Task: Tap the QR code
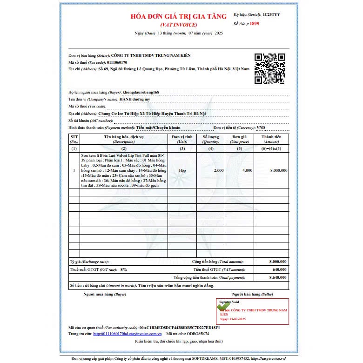tap(269, 68)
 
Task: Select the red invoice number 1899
tap(255, 23)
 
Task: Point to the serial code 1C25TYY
tap(271, 15)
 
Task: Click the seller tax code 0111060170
tap(110, 62)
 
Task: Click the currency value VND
tap(261, 127)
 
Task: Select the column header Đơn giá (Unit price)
tap(240, 139)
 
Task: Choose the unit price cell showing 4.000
tap(247, 170)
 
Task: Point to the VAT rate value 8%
tap(123, 269)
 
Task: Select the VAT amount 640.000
tap(279, 269)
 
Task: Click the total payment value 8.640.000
tap(278, 277)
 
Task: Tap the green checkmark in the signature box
tap(223, 307)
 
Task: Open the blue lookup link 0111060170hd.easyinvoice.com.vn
tap(127, 334)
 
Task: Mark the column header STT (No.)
tap(74, 139)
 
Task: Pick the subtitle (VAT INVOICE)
tap(179, 24)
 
